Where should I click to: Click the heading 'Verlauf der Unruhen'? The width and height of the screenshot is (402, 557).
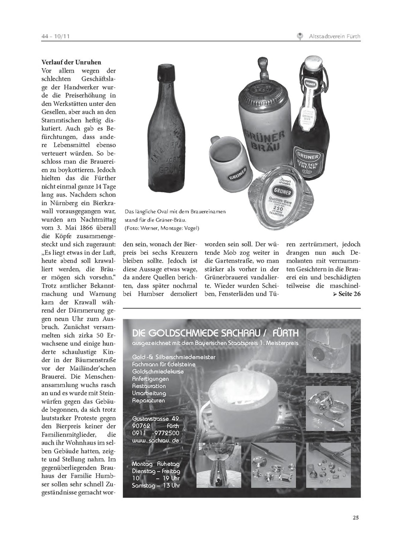point(71,62)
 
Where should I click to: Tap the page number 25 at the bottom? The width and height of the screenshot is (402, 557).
point(356,517)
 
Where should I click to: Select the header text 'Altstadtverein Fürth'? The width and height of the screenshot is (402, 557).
point(334,36)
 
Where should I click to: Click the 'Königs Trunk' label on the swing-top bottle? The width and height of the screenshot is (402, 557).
point(308,159)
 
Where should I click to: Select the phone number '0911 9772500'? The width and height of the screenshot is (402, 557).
point(156,433)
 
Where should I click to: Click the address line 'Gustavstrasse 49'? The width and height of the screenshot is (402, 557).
point(155,418)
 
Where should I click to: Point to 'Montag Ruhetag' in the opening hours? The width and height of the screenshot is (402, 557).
point(156,464)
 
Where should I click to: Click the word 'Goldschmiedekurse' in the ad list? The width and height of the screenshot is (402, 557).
point(158,371)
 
